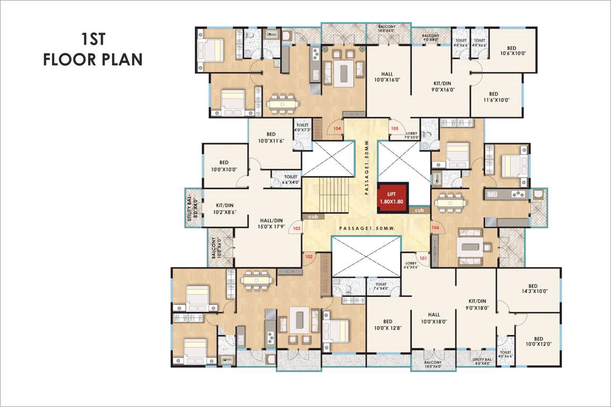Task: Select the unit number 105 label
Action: (x=394, y=128)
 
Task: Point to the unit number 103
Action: (x=297, y=228)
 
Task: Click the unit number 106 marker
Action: (x=436, y=228)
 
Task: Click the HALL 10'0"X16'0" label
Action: (x=387, y=77)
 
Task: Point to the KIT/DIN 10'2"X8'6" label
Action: (x=226, y=208)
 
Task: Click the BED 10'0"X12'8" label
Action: (x=388, y=324)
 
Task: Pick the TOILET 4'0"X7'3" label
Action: (x=303, y=127)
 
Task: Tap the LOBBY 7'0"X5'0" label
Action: (x=412, y=136)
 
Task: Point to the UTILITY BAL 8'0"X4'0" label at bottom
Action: (x=483, y=361)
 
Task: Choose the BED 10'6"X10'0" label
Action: (x=512, y=50)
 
